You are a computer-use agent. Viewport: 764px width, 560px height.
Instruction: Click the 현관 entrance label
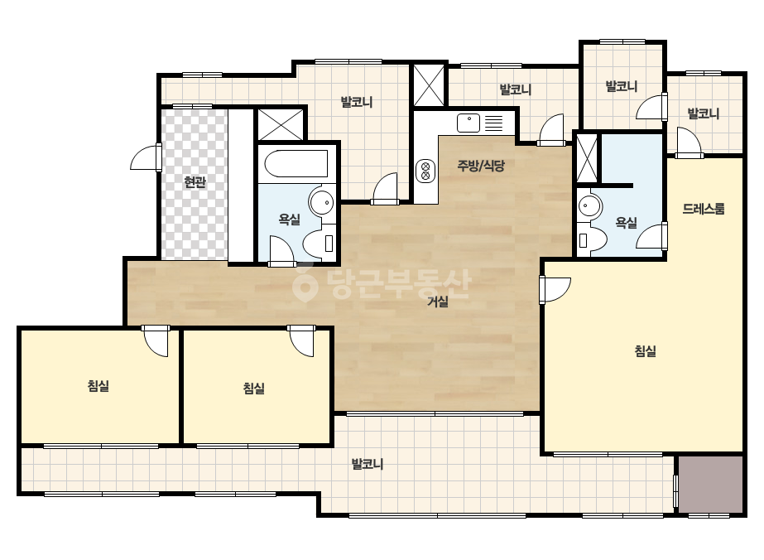(195, 182)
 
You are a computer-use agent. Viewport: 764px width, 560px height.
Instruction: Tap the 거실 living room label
(438, 302)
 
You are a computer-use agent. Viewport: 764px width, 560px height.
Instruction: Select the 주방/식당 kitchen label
(481, 166)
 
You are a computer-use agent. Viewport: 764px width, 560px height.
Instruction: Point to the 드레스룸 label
(703, 209)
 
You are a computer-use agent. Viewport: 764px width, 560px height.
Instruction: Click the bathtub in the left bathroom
(296, 163)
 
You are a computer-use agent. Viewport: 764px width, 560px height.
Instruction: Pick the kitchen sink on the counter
(468, 123)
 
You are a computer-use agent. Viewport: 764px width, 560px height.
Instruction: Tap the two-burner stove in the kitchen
(425, 171)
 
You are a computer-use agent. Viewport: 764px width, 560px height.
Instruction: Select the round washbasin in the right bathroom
(590, 207)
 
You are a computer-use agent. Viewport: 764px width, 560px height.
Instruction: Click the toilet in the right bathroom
(592, 239)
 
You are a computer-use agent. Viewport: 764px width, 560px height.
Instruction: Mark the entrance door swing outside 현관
(146, 157)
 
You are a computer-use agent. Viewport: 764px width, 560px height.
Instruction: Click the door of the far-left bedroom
(156, 340)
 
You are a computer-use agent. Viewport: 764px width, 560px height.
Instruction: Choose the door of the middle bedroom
(301, 340)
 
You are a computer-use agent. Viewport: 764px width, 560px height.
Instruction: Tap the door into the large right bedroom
(555, 290)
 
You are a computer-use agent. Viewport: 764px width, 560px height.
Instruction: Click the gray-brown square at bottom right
(711, 484)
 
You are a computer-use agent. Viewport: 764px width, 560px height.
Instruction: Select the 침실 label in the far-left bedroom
(99, 386)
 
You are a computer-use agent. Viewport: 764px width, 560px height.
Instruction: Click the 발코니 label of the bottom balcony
(368, 464)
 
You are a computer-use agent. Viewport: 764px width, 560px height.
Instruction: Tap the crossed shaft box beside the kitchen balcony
(429, 85)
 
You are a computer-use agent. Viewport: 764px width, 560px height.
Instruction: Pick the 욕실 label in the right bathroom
(626, 223)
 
